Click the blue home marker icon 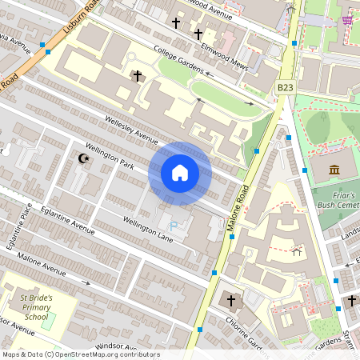180,173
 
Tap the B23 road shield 286,86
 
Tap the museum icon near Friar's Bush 334,170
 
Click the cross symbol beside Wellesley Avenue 137,76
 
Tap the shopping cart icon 347,20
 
